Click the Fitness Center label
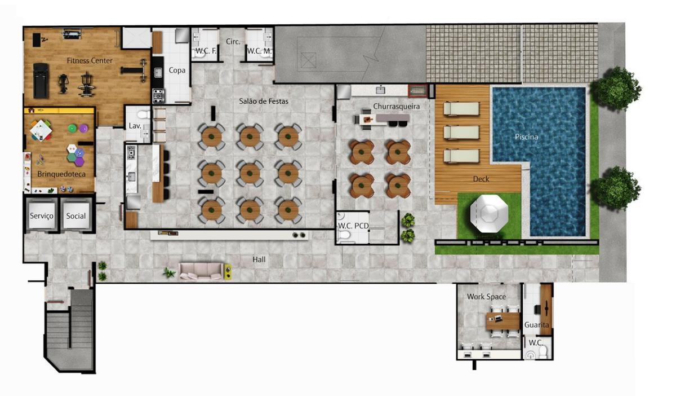click(90, 61)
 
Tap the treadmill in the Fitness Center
click(41, 81)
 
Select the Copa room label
click(177, 70)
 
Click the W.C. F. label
click(206, 51)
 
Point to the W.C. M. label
click(259, 51)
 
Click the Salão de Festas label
click(264, 102)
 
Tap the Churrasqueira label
click(396, 107)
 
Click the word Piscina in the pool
click(526, 137)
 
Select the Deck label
click(481, 179)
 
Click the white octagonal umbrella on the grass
click(489, 214)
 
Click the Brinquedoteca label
click(61, 174)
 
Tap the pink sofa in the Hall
click(201, 271)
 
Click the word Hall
click(259, 259)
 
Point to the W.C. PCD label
click(353, 226)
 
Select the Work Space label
click(487, 297)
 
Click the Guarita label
click(536, 325)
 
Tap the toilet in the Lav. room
click(143, 115)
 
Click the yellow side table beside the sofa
click(228, 271)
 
